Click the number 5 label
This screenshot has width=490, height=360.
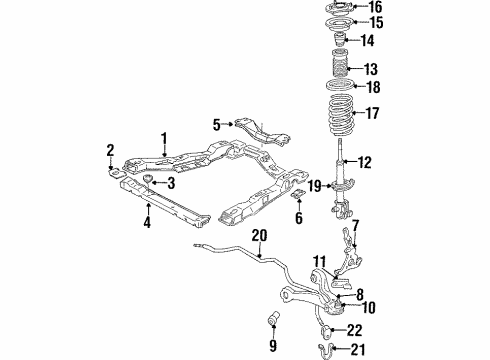[x=216, y=124]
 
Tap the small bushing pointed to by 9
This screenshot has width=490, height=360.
[x=269, y=320]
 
